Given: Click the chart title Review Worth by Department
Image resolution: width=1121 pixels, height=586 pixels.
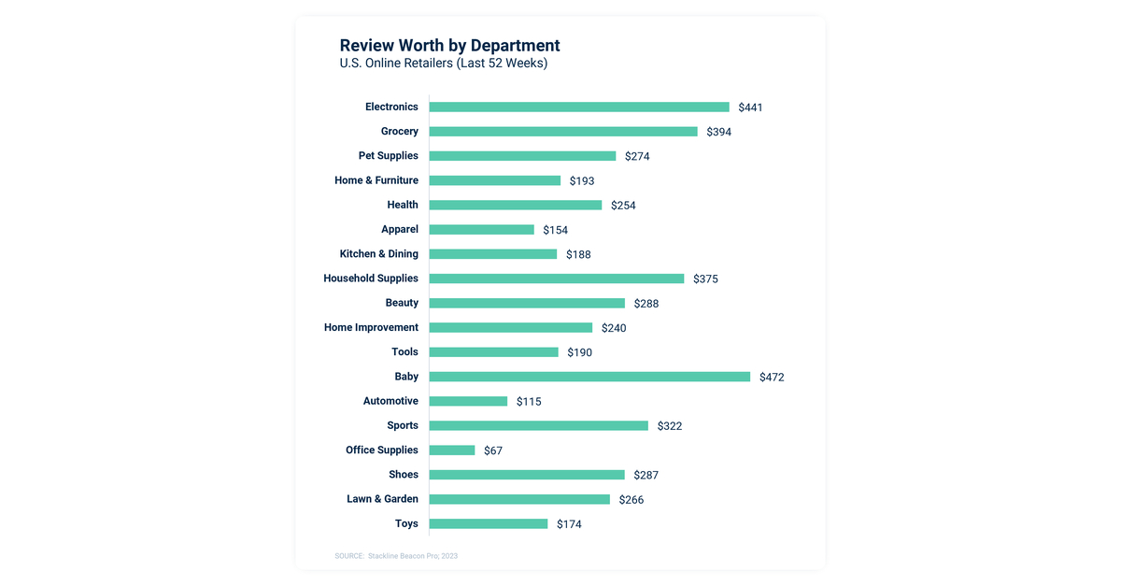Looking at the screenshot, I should pyautogui.click(x=449, y=45).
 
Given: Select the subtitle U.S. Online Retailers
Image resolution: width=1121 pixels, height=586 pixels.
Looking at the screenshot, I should pyautogui.click(x=443, y=64).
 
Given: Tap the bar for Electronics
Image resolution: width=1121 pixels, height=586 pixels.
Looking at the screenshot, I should pyautogui.click(x=579, y=107).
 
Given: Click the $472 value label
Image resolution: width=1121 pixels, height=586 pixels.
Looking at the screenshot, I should pyautogui.click(x=772, y=378).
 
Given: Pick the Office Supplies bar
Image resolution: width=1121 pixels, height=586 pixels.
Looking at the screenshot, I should pyautogui.click(x=452, y=450).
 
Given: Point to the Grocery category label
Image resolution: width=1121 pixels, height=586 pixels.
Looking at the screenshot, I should pyautogui.click(x=399, y=132).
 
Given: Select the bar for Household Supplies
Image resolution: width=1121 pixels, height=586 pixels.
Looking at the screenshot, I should pyautogui.click(x=557, y=279).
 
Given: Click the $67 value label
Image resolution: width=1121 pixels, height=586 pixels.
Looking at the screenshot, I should pyautogui.click(x=493, y=450).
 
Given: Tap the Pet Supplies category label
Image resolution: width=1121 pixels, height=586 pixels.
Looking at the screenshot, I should pyautogui.click(x=388, y=156).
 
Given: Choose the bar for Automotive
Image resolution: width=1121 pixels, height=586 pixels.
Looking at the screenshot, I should pyautogui.click(x=468, y=401).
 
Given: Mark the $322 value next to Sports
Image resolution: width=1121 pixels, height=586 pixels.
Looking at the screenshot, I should pyautogui.click(x=669, y=426).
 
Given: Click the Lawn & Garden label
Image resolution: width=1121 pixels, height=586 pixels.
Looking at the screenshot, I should pyautogui.click(x=382, y=499).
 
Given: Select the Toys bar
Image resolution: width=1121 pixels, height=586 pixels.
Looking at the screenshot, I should pyautogui.click(x=489, y=523).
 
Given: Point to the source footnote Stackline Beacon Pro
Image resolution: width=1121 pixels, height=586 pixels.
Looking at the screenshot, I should pyautogui.click(x=396, y=556).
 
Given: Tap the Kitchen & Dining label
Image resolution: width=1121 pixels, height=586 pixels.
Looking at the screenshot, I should pyautogui.click(x=378, y=254).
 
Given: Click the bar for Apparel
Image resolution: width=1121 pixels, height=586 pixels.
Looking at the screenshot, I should pyautogui.click(x=482, y=230).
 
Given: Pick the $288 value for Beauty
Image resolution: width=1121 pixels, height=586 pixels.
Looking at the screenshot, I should pyautogui.click(x=646, y=304).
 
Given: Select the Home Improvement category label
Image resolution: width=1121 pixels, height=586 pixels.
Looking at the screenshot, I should pyautogui.click(x=371, y=328).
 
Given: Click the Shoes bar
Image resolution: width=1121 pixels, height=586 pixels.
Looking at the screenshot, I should pyautogui.click(x=527, y=475).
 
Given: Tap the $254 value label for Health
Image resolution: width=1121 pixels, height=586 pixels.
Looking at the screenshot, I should pyautogui.click(x=623, y=206).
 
